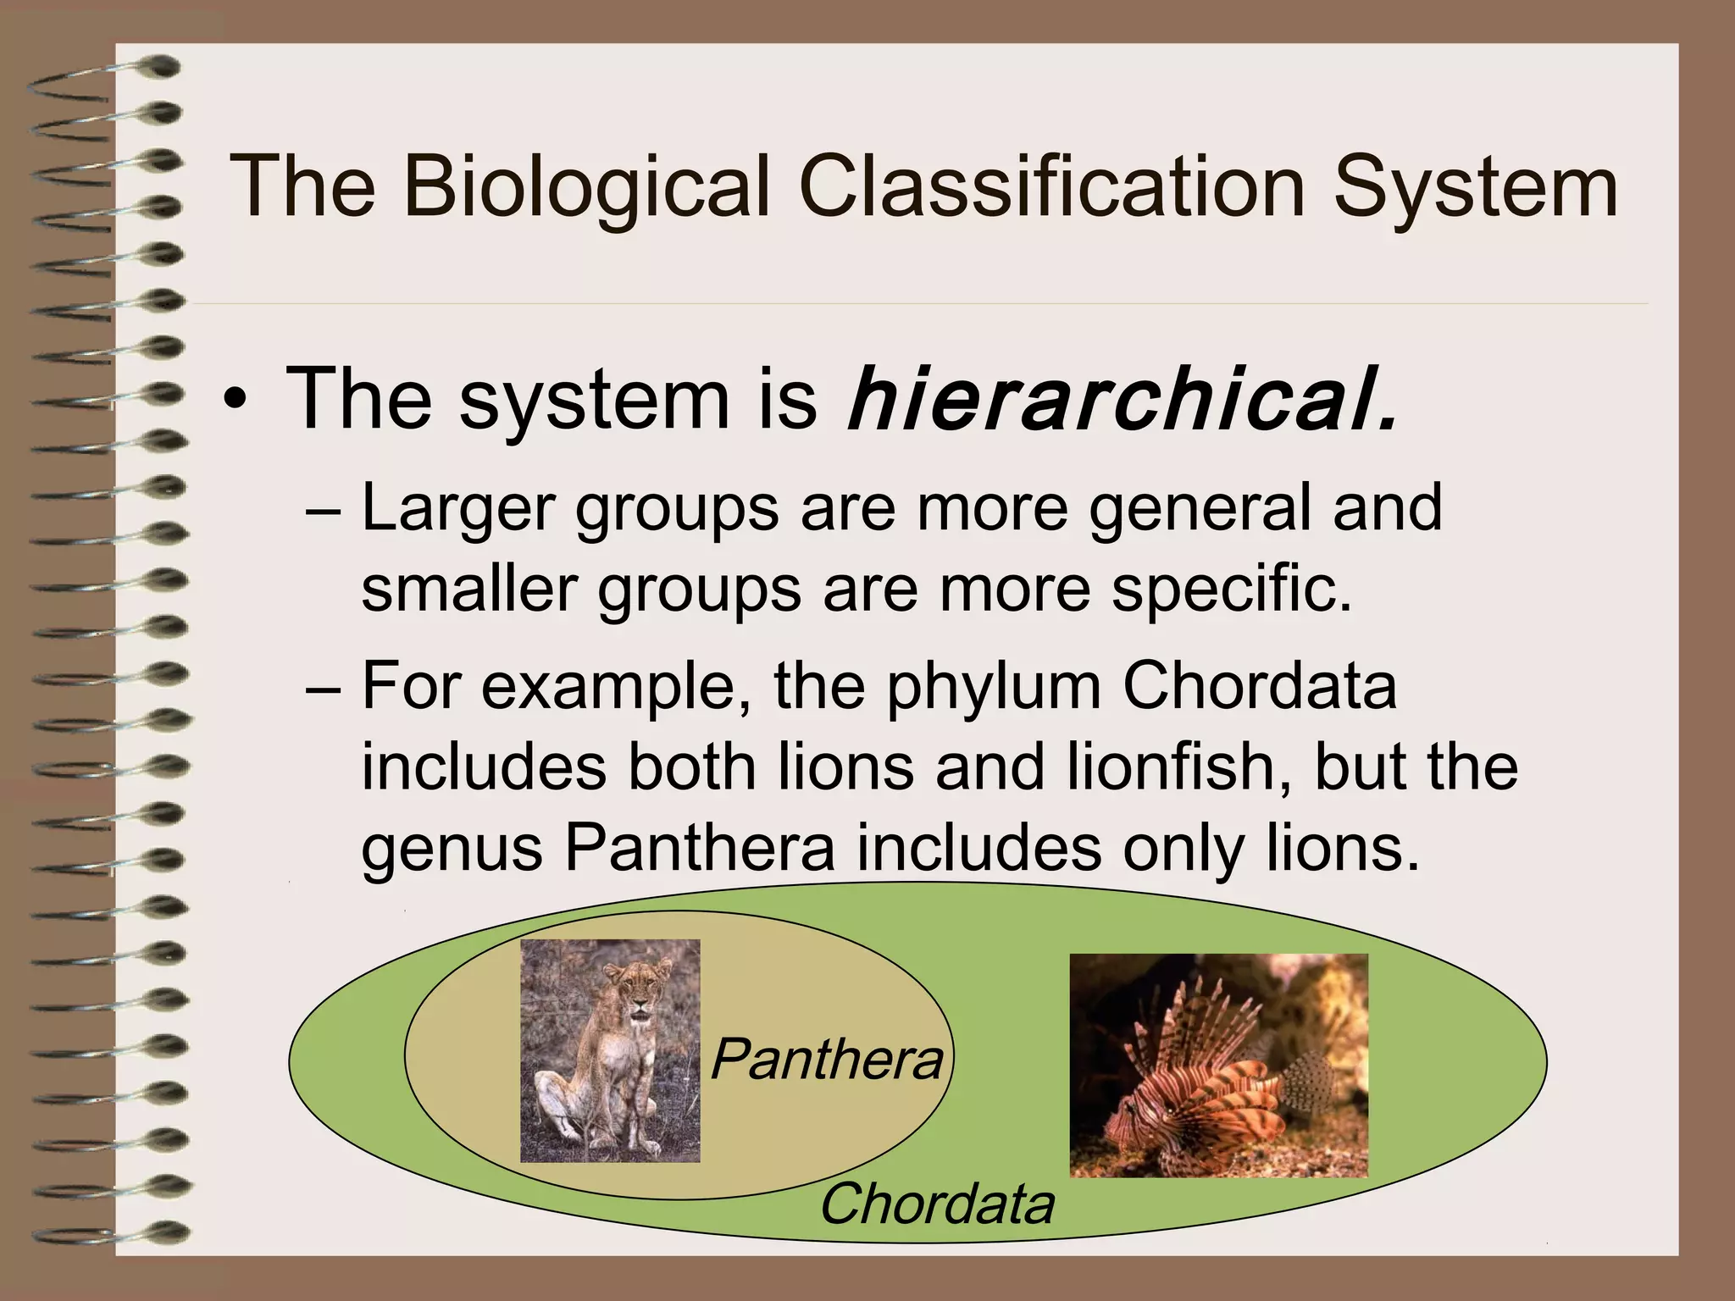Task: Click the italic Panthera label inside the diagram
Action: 826,1060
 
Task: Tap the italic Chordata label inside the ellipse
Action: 936,1204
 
